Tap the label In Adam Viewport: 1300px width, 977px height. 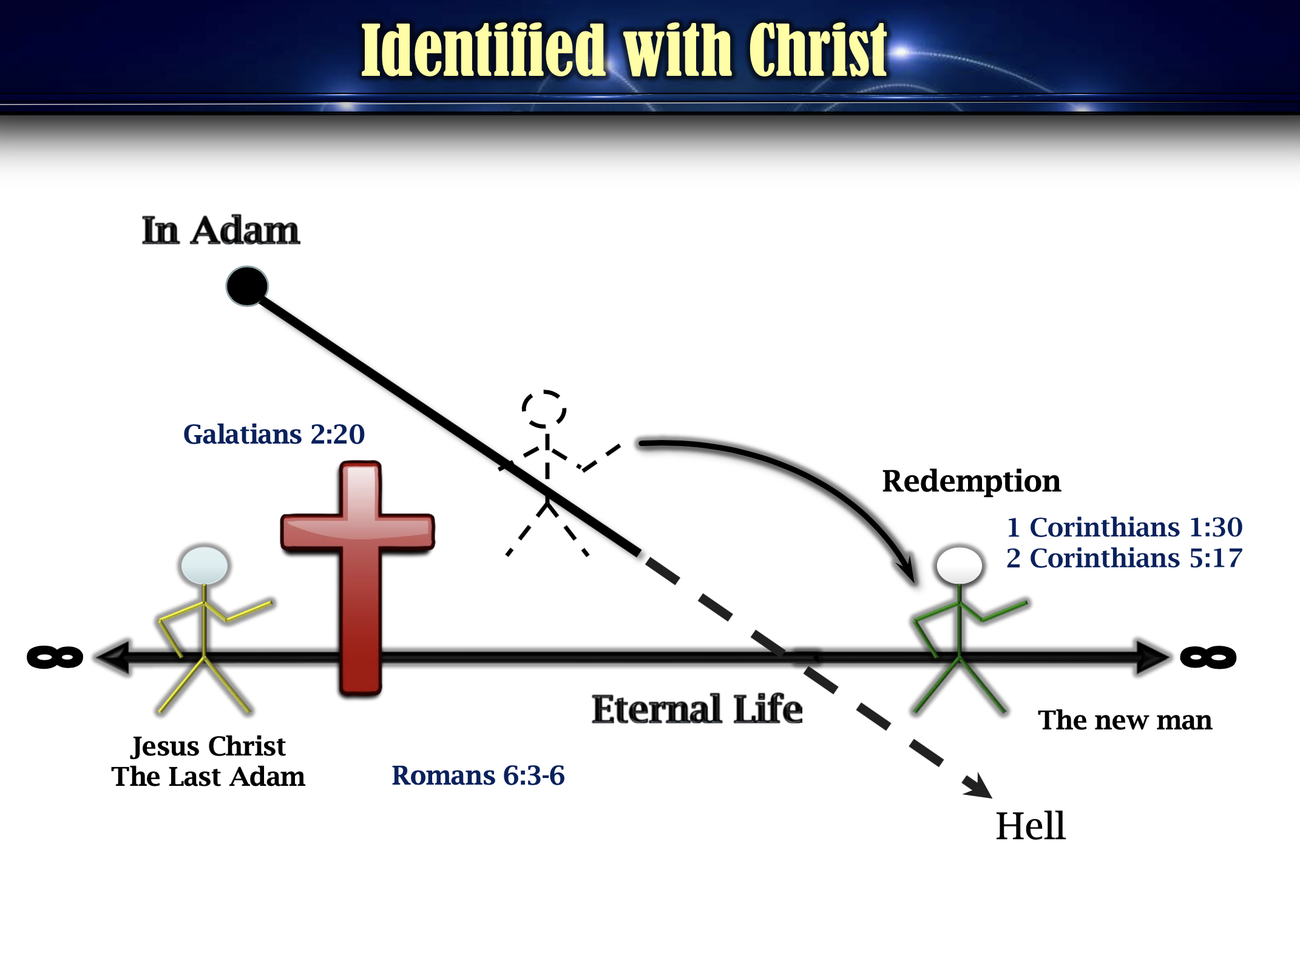[221, 231]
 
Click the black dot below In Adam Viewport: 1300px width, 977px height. [247, 286]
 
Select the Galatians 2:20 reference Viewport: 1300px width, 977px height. [274, 434]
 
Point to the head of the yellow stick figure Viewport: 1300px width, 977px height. [205, 565]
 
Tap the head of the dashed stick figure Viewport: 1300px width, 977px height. [544, 409]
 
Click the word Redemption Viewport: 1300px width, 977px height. [971, 481]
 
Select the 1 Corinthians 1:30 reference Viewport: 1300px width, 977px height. [1124, 527]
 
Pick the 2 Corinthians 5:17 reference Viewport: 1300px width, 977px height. [1124, 558]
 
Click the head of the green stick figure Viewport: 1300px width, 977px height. [960, 565]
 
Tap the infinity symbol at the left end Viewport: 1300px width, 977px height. [55, 657]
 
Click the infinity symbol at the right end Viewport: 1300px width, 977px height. [1208, 657]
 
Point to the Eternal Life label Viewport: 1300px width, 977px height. [697, 709]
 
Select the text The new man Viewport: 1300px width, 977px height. [1125, 720]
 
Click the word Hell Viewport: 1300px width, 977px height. [1031, 826]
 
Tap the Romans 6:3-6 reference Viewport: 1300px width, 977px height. [478, 776]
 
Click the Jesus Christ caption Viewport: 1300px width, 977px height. [208, 746]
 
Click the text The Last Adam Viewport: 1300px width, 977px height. [208, 777]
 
